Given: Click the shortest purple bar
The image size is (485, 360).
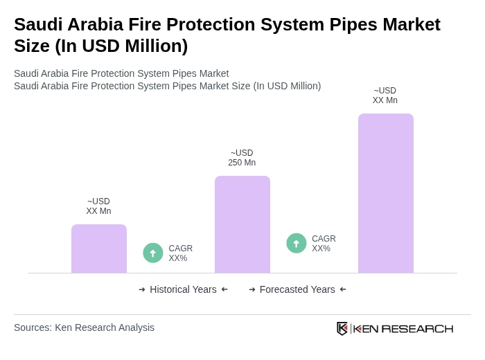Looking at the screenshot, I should pos(99,249).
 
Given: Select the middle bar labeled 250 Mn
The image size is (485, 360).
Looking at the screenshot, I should pos(242,224).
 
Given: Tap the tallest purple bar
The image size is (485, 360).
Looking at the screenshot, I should pos(386,193).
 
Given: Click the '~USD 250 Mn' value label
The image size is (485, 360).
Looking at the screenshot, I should pos(242,158).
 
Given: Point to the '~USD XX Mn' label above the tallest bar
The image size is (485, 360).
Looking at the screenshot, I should pos(385,96).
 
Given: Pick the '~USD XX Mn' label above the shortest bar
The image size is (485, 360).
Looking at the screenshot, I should pos(98,206).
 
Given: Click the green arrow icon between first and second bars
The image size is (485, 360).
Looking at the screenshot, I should pos(153,253).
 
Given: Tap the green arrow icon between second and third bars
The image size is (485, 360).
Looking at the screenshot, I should pos(297,243).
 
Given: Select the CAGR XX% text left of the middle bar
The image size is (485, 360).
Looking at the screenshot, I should pos(180,253).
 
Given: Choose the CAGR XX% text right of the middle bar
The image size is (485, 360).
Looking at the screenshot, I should pos(324,244).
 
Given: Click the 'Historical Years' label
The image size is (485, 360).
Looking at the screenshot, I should pos(183,289).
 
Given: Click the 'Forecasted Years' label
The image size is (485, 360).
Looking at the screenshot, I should pos(297,289).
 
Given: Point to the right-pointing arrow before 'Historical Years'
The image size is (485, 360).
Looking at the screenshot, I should pos(142,289).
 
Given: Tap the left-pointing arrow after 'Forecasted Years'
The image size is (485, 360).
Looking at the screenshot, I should pos(343,289).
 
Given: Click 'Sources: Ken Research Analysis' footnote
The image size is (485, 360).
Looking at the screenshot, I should pos(84,327).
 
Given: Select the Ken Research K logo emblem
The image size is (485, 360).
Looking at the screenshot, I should pos(342,328).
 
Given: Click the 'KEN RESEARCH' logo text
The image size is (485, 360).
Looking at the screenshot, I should pos(403,329).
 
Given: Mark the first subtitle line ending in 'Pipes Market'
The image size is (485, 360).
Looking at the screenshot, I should pos(121,73).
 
